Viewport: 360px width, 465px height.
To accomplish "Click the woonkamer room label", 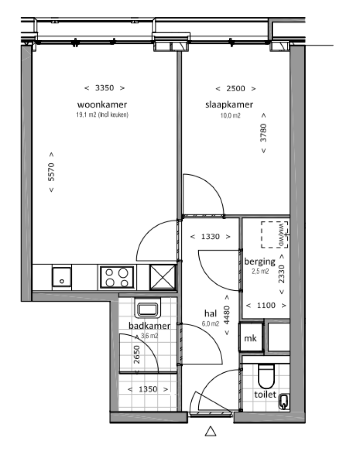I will pyautogui.click(x=103, y=104).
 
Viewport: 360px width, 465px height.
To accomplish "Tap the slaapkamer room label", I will pyautogui.click(x=229, y=104).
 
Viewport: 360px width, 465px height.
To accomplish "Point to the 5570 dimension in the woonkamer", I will pyautogui.click(x=52, y=172).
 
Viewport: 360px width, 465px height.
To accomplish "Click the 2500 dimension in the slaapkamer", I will pyautogui.click(x=236, y=89).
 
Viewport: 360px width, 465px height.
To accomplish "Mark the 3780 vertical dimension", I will pyautogui.click(x=263, y=133).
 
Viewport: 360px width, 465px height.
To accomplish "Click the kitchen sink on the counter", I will pyautogui.click(x=61, y=276).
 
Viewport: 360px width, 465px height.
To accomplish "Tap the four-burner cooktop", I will pyautogui.click(x=117, y=277).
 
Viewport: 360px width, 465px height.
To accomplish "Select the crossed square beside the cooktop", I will pyautogui.click(x=163, y=277).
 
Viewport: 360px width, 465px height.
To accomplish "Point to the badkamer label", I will pyautogui.click(x=149, y=325).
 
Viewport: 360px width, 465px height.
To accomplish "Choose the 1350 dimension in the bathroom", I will pyautogui.click(x=148, y=389).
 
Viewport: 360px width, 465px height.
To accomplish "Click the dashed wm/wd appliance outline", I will pyautogui.click(x=275, y=234).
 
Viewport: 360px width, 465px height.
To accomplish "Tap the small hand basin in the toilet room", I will pyautogui.click(x=283, y=402).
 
